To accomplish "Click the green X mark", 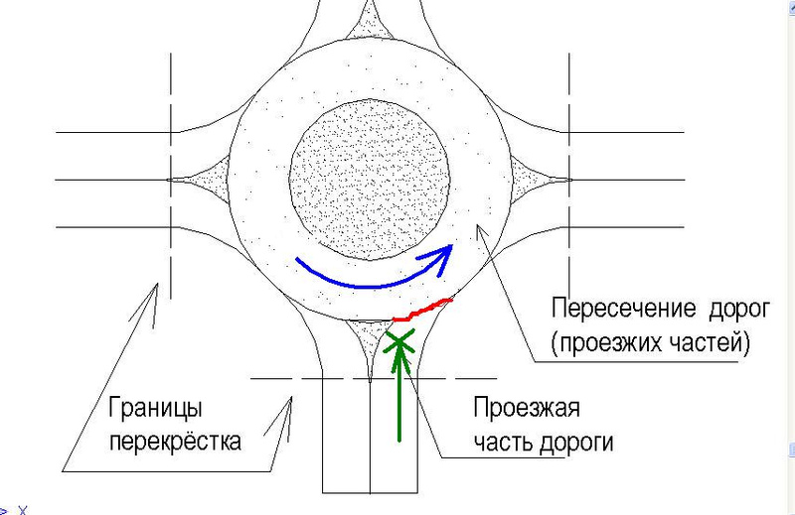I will [x=398, y=342].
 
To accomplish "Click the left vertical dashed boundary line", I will [x=172, y=179].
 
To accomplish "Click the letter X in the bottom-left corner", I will [x=22, y=510].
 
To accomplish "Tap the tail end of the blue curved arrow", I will [x=299, y=261].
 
